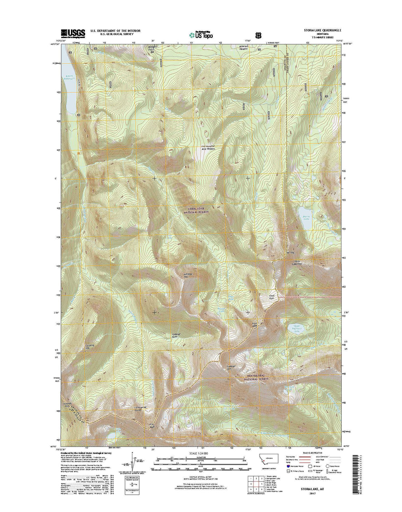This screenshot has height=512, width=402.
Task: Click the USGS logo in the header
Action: click(73, 33)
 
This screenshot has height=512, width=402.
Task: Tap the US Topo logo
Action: click(201, 34)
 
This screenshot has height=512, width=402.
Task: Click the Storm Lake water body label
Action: click(306, 218)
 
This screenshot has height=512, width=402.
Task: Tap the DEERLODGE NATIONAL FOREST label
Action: click(199, 210)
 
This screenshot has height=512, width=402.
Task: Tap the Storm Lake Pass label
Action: click(298, 262)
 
